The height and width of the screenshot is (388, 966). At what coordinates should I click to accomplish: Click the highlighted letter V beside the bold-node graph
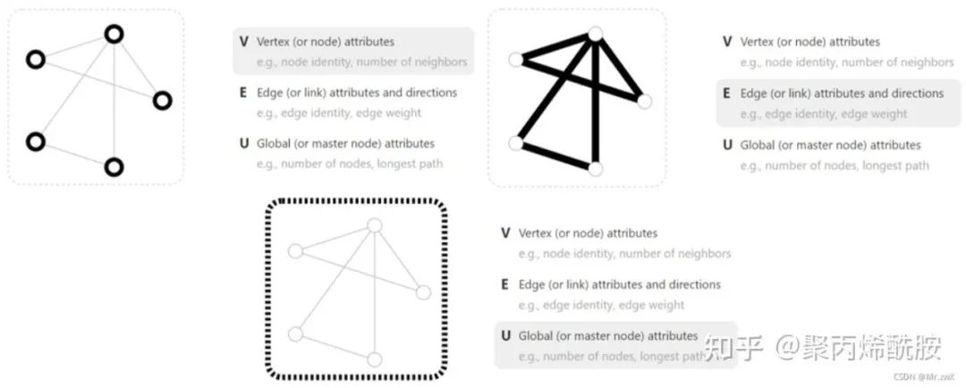point(243,41)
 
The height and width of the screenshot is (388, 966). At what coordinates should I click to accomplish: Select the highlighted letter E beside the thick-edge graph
point(727,93)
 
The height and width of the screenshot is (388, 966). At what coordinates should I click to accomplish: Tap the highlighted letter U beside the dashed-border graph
point(506,336)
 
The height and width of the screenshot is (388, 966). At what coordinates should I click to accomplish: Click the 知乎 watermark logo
point(732,345)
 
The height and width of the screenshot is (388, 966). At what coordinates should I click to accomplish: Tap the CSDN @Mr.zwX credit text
point(924,378)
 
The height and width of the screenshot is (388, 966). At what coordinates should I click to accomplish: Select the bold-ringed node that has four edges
point(114,34)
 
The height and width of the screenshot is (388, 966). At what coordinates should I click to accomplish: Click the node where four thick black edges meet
point(596,34)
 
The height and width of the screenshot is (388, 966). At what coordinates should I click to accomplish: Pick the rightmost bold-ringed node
point(162,100)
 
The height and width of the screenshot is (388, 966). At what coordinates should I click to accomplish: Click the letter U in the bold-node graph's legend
point(243,143)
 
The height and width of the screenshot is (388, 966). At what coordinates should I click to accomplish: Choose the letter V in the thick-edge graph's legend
point(727,41)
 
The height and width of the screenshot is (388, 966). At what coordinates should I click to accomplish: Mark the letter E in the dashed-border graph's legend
point(506,284)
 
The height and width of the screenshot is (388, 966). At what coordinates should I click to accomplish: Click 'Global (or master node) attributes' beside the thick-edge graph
point(830,145)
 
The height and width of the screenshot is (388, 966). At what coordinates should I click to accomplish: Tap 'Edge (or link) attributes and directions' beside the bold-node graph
point(356,93)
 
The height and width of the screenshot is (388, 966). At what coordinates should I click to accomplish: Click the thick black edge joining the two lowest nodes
point(555,156)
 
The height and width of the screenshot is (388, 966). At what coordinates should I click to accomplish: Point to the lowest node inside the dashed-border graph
point(375,359)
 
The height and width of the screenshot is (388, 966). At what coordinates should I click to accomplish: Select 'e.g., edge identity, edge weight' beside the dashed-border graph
point(601,305)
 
